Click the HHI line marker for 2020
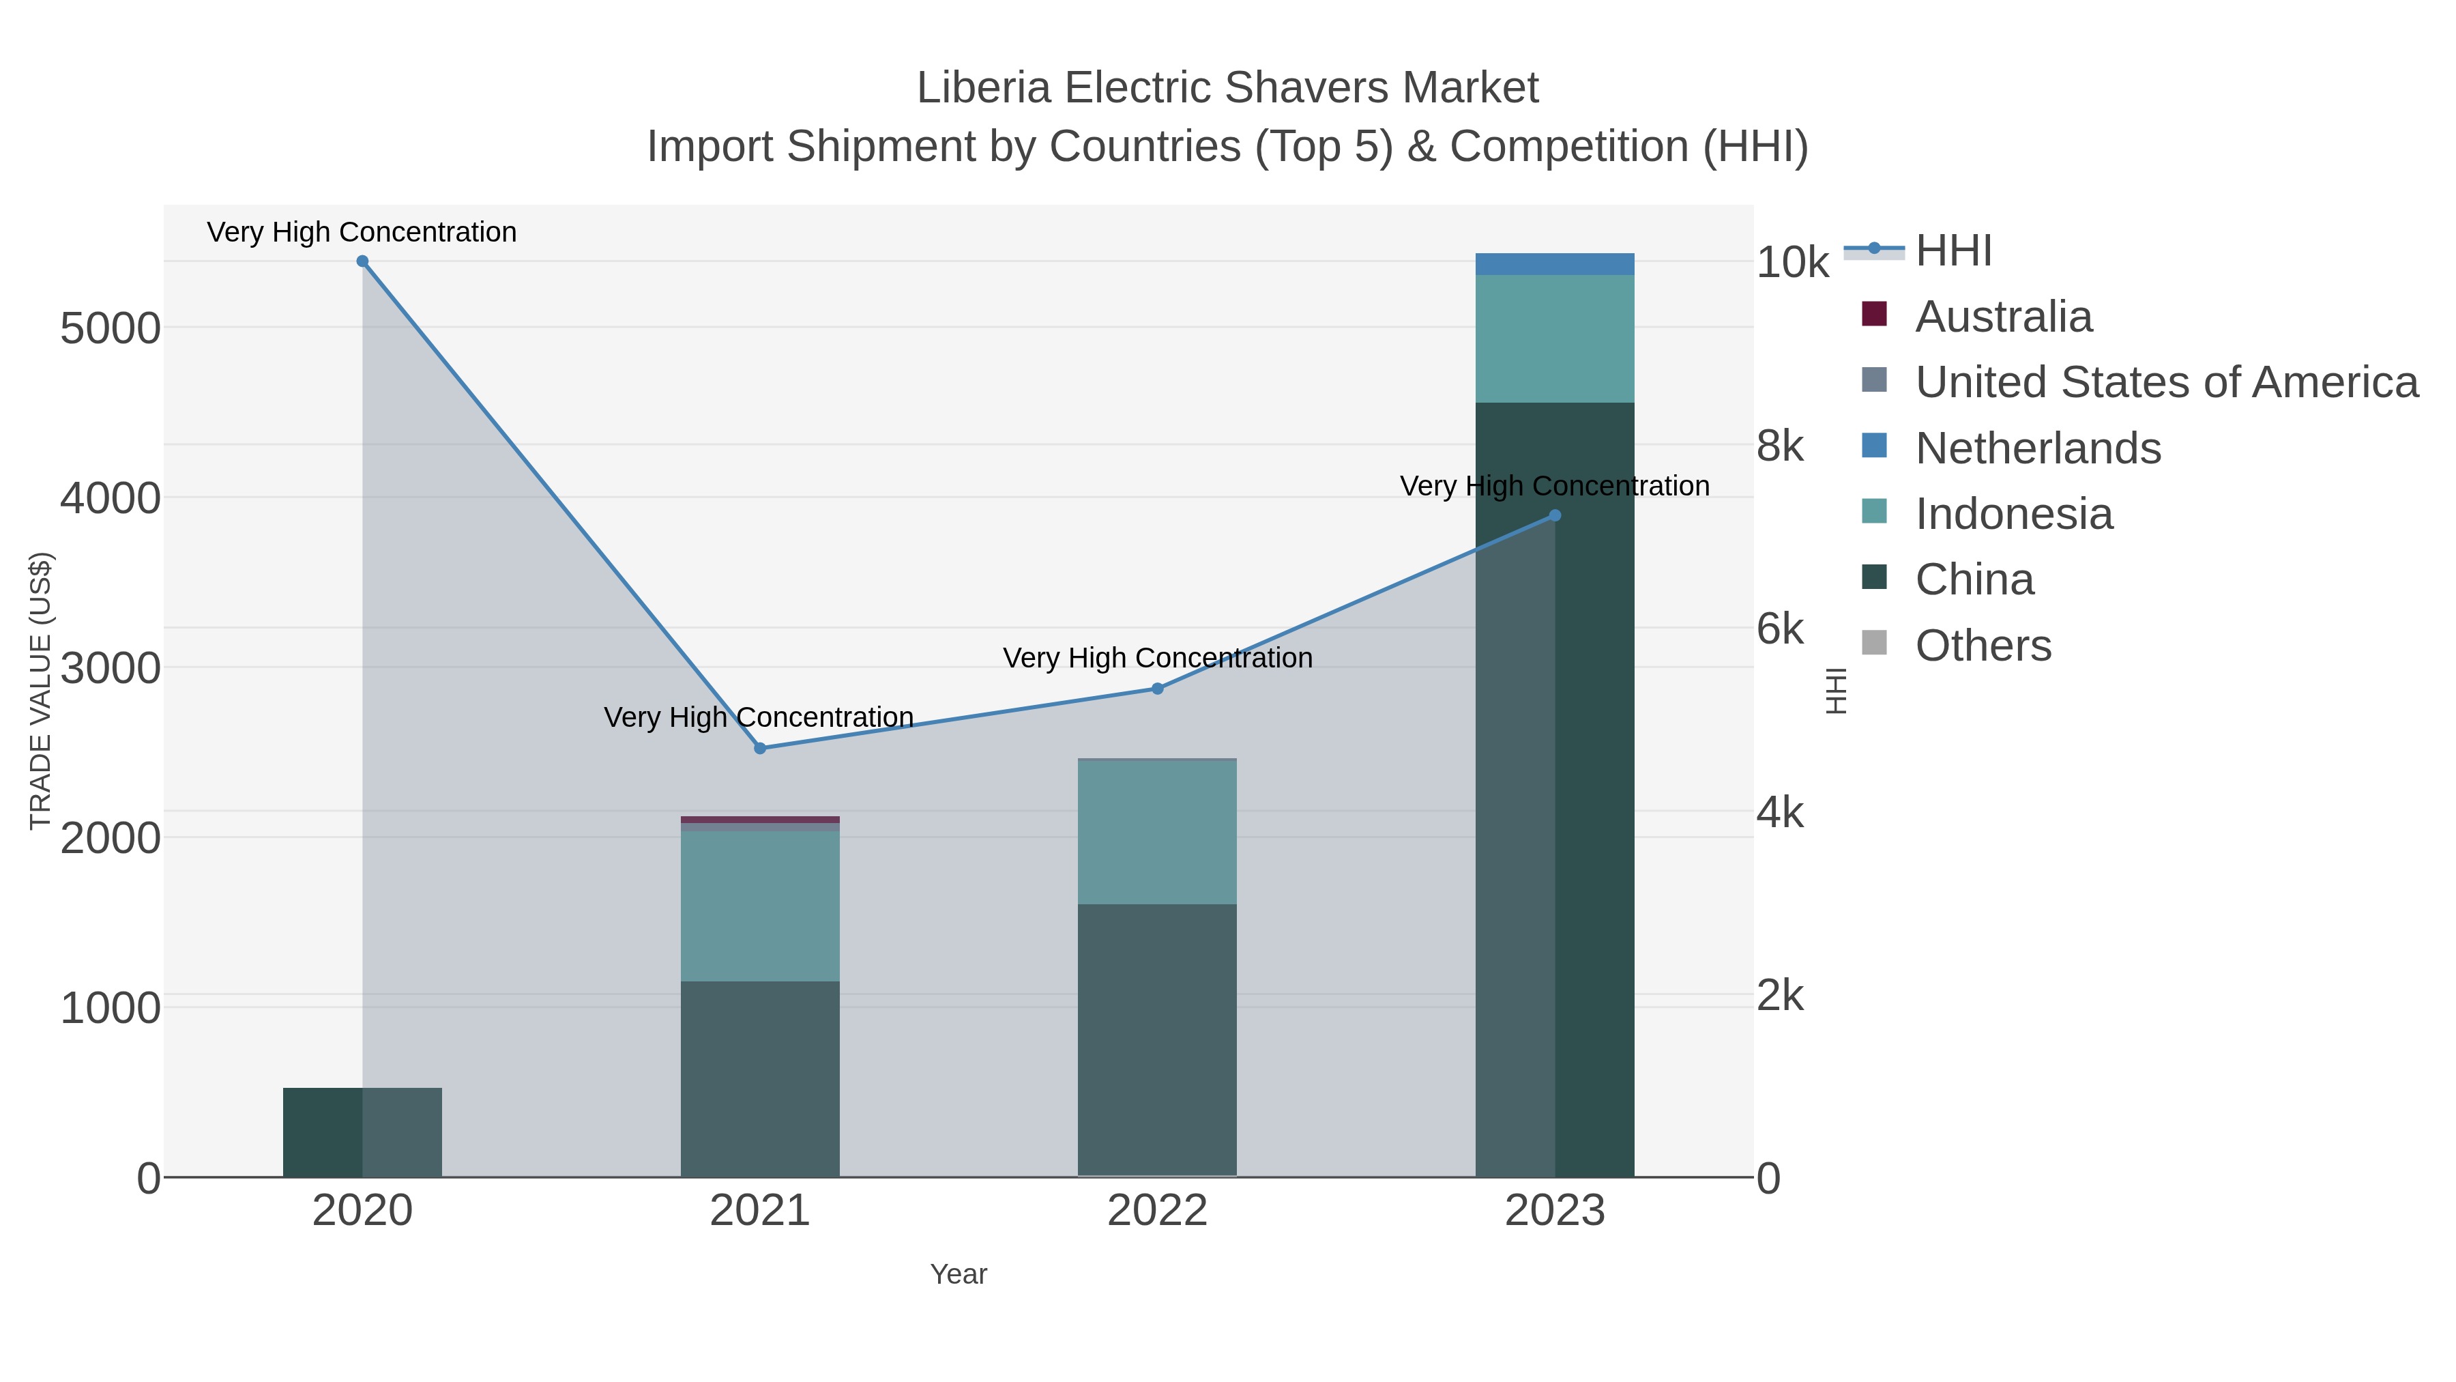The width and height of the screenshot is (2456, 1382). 362,261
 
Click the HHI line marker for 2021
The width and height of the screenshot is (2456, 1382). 760,749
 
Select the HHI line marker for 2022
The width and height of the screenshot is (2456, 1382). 1158,689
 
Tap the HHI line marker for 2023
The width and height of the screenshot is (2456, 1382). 1555,516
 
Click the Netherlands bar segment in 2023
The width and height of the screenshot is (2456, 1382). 1555,264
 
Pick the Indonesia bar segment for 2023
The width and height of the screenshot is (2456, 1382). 1555,339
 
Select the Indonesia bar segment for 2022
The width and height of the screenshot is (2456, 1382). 1158,832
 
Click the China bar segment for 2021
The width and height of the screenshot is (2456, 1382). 760,1078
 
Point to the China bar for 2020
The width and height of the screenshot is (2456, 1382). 362,1132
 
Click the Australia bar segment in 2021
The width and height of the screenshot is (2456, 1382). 760,819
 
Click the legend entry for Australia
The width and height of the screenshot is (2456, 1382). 2002,317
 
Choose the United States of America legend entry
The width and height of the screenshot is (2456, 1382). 2164,382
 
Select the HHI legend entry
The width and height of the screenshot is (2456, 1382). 1952,251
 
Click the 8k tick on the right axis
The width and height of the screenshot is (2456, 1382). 1780,446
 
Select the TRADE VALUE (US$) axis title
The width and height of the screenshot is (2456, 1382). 41,691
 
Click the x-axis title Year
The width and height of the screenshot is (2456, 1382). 959,1274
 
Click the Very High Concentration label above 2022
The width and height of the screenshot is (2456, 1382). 1158,658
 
